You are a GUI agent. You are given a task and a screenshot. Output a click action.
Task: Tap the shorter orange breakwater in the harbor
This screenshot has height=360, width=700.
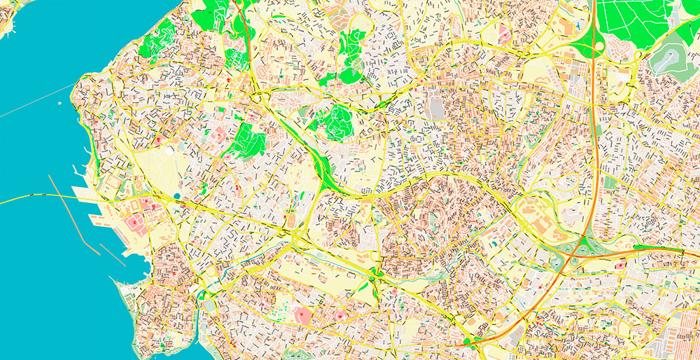coord(113,254)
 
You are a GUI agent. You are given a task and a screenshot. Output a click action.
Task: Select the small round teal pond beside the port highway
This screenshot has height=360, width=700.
coord(176,197)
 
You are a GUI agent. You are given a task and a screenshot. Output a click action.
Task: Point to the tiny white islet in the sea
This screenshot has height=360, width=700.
coord(60,104)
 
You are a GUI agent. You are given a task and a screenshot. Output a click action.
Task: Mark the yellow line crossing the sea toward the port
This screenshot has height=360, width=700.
coord(35,198)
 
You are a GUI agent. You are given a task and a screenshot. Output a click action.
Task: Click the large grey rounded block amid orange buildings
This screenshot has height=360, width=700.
coord(436,109)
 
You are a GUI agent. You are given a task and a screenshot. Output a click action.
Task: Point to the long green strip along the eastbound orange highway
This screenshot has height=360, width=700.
coord(658,247)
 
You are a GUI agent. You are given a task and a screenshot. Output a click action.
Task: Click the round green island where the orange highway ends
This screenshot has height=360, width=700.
coord(467,342)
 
